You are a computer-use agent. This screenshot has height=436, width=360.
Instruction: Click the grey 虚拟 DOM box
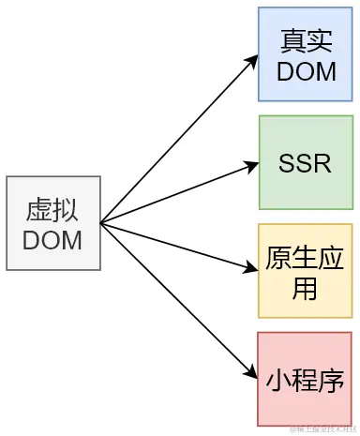coord(52,223)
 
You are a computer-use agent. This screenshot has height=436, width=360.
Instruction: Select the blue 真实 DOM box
coord(307,55)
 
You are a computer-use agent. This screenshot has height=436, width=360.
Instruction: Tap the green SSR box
coord(307,163)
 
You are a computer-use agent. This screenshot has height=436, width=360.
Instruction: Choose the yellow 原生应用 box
coord(307,272)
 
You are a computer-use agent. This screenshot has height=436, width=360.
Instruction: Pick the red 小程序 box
coord(307,379)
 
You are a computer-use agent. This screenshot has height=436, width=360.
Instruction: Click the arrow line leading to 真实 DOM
coord(178,139)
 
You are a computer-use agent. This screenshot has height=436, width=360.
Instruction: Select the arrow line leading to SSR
coord(178,193)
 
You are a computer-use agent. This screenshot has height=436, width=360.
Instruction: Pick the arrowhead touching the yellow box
coord(252,270)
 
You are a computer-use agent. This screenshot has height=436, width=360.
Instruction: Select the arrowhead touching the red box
coord(252,376)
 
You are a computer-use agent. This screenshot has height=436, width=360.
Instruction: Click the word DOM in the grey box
coord(52,240)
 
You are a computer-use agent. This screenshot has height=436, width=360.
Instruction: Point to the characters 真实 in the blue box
coord(307,41)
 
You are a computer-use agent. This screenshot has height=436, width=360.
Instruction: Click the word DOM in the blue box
coord(307,70)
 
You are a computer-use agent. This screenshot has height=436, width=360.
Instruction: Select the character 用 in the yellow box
coord(307,288)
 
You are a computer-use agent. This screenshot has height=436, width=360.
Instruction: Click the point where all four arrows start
coord(101,223)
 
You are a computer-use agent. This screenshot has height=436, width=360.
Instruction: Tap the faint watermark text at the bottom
coord(322,429)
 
